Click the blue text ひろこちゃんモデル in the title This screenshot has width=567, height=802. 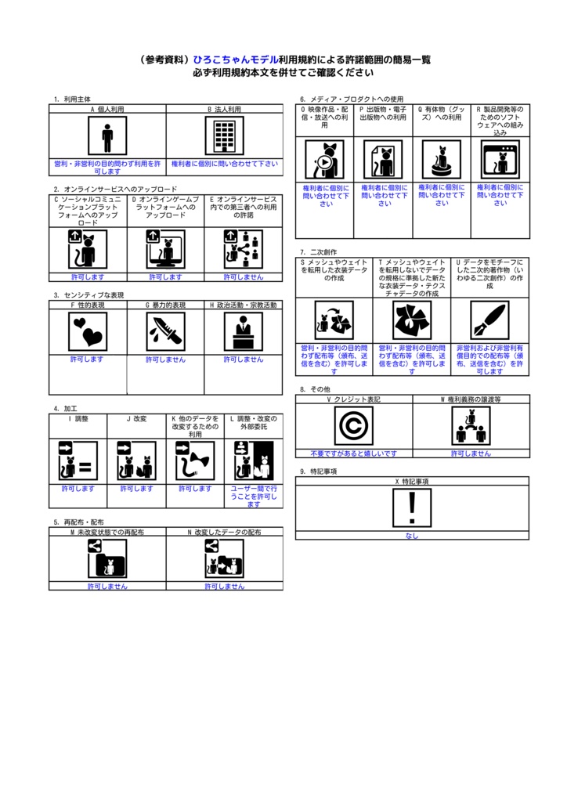[236, 60]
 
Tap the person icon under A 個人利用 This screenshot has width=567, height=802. [107, 135]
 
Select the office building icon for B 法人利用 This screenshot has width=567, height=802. [225, 135]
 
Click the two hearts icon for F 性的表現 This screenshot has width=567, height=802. [88, 332]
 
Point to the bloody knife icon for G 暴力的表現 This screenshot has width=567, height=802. [166, 332]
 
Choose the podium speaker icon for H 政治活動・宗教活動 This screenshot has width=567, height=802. [244, 332]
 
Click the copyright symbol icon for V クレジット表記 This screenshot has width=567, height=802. [354, 426]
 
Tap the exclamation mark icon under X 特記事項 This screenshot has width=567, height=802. [412, 508]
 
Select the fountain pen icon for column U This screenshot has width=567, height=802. [489, 320]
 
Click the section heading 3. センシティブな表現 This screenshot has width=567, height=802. [88, 295]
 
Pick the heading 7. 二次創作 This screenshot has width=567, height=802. [318, 252]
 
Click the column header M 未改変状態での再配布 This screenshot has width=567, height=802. [107, 532]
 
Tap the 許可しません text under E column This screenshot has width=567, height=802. [244, 277]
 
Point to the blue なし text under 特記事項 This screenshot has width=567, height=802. [412, 536]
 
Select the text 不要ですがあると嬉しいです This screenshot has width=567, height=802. [354, 453]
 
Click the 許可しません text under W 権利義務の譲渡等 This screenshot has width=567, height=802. [471, 453]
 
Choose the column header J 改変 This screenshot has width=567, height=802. [136, 419]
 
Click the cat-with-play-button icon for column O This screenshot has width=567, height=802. [325, 160]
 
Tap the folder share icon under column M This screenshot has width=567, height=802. [107, 559]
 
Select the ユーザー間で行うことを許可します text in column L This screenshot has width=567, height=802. [254, 497]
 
